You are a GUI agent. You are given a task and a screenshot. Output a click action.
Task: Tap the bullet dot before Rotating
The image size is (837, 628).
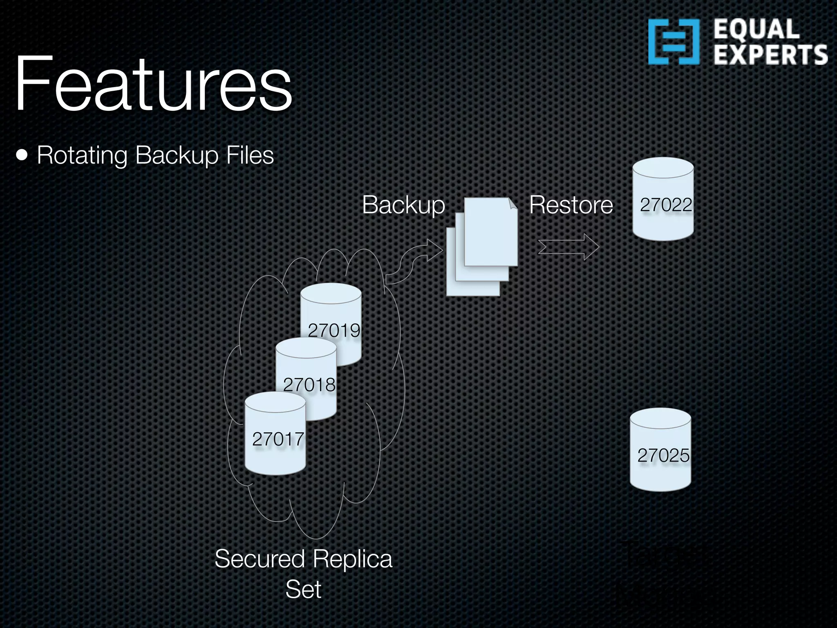point(22,156)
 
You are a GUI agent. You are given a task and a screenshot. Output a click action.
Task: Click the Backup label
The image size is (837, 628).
point(403,205)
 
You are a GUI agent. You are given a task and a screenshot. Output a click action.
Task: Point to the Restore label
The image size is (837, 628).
point(571,205)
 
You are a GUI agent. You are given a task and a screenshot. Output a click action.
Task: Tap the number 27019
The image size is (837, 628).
point(334,330)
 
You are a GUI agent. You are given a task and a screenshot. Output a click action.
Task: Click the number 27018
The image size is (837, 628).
point(309,385)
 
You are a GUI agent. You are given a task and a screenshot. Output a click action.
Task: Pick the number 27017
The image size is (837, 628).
point(278,439)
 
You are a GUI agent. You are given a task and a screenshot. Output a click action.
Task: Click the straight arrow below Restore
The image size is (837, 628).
point(568,247)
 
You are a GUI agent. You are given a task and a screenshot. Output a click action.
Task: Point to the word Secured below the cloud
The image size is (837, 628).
point(260,559)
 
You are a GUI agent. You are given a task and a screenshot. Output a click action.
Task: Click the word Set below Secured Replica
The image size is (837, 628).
point(303,589)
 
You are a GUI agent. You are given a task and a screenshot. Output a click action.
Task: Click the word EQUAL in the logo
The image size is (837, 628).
point(756,29)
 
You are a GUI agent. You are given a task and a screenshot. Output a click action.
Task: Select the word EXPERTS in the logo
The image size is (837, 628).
point(770,55)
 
